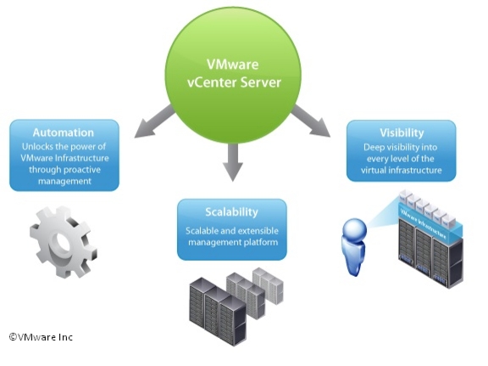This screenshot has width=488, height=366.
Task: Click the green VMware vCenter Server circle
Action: (233, 76)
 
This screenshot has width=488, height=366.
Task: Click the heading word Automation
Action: (64, 132)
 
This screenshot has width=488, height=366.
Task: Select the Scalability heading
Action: (232, 212)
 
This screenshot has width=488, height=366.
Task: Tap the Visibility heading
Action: (402, 133)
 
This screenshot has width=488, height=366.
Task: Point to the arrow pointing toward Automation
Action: (153, 122)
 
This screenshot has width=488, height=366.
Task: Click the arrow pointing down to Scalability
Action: (232, 161)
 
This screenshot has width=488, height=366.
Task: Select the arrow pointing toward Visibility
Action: (310, 121)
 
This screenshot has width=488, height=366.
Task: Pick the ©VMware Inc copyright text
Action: (41, 337)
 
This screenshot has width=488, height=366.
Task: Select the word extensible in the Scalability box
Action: (258, 231)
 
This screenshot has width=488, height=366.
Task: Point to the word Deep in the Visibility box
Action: (373, 147)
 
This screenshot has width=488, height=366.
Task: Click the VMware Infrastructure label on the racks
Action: (424, 223)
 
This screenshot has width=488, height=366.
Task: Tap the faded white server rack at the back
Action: (269, 285)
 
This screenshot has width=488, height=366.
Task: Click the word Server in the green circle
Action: (261, 82)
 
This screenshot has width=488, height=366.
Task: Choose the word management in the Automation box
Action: (64, 181)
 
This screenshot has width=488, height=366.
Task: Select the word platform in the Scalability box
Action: (262, 242)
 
